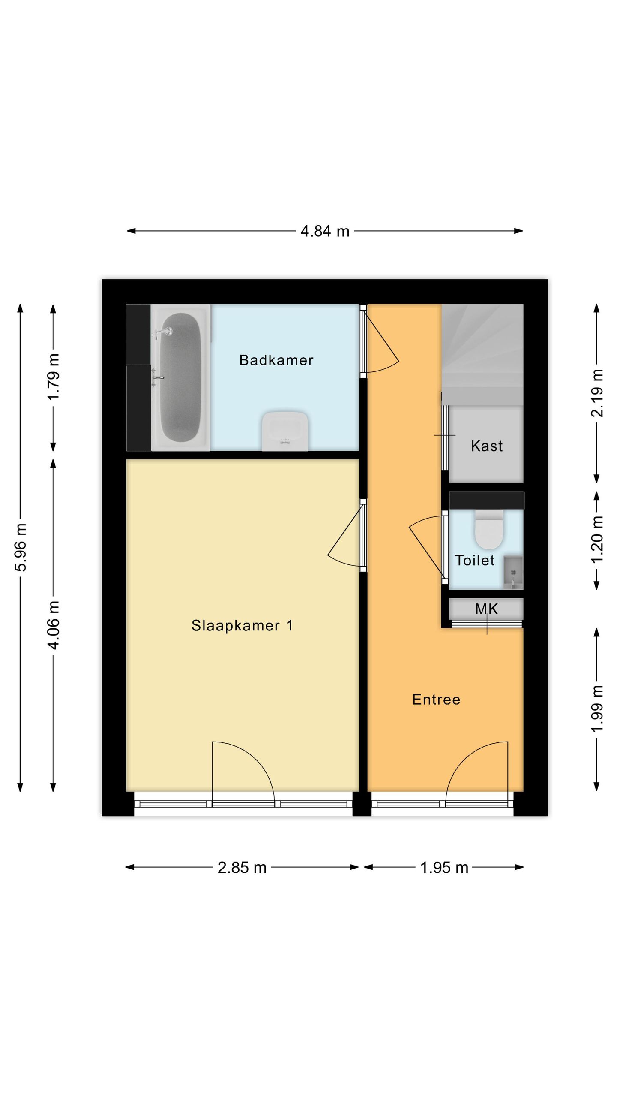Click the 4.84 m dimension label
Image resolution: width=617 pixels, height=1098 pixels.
[x=325, y=231]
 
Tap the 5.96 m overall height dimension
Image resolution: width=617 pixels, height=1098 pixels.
[x=21, y=547]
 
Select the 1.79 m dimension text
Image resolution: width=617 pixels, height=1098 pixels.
[x=53, y=377]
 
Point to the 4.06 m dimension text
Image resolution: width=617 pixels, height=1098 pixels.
[x=53, y=624]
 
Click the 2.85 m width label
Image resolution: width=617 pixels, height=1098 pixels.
[x=242, y=868]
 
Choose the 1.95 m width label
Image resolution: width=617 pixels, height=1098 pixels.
[x=444, y=868]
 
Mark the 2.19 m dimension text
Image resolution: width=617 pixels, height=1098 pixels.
[x=597, y=393]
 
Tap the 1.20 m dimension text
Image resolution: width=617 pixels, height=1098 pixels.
[x=597, y=540]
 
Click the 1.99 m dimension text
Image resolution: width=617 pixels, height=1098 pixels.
[x=597, y=709]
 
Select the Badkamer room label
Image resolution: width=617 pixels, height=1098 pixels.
[x=276, y=360]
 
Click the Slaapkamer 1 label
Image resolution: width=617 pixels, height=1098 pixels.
[x=242, y=626]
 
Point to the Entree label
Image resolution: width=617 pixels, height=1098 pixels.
[x=436, y=700]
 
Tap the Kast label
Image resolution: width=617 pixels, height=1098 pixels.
[x=487, y=446]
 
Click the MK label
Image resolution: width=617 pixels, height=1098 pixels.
[x=486, y=609]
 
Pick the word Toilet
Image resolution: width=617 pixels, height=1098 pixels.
[x=474, y=561]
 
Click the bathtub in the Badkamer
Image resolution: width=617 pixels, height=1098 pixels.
[x=180, y=377]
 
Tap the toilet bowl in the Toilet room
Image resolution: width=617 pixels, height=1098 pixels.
[x=488, y=530]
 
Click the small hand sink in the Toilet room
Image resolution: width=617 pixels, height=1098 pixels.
[x=513, y=573]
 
